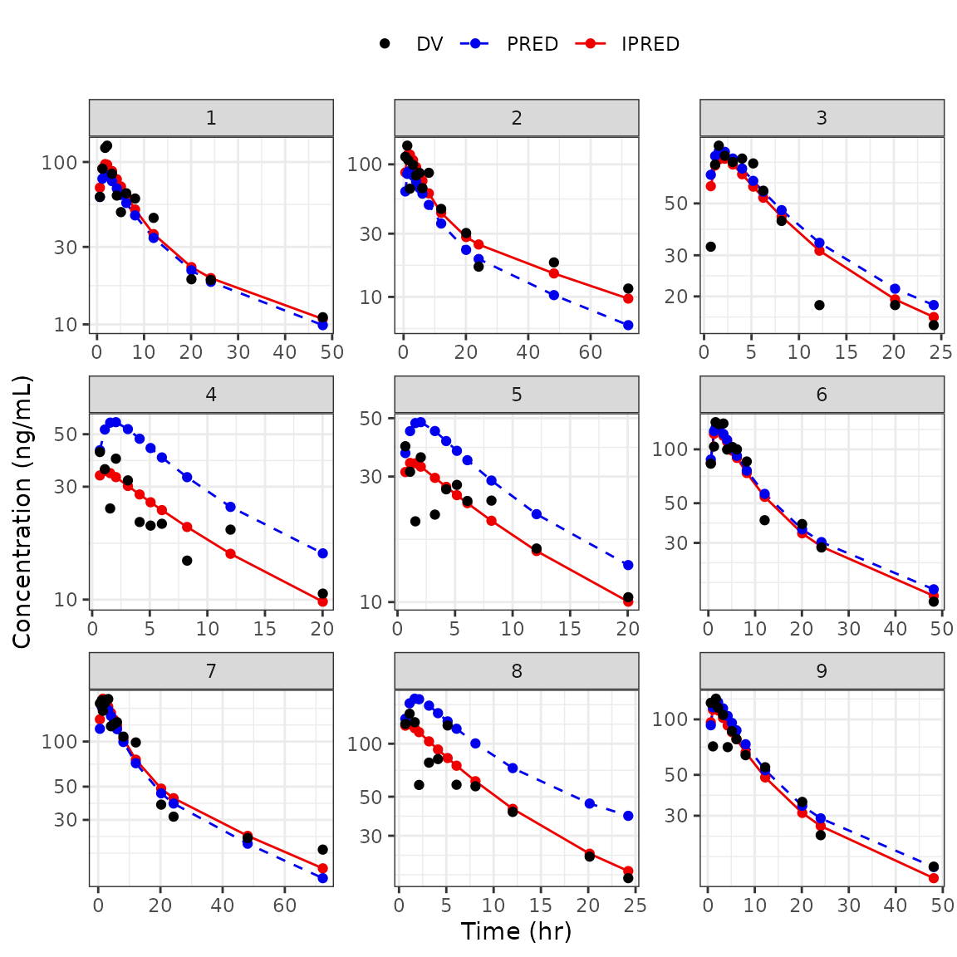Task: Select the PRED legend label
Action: coord(532,44)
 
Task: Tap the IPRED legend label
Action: coord(650,44)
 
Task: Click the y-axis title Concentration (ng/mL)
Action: coord(22,512)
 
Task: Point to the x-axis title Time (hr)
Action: coord(516,931)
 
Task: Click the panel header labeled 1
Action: coord(211,118)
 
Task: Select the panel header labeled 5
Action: coord(516,395)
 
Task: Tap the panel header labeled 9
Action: coord(821,671)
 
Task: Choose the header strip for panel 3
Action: coord(821,118)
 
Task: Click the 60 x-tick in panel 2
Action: coord(591,352)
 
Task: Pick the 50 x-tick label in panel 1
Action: coord(332,352)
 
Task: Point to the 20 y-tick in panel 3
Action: coord(679,297)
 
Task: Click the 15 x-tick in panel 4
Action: coord(265,629)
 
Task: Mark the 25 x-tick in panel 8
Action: coord(635,905)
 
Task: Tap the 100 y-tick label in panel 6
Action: coord(670,449)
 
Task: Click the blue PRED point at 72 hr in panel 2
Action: coord(628,325)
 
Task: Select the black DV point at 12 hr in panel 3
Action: coord(819,305)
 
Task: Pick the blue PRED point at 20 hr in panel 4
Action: coord(322,553)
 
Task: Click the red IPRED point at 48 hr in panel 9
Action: coord(934,878)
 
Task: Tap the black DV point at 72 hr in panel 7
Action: coord(322,849)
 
